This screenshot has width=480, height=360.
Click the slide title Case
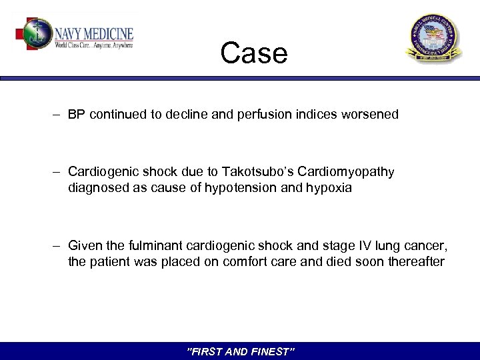pos(254,53)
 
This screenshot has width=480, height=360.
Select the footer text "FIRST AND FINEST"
pos(240,351)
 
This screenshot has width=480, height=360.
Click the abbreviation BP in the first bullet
pos(75,115)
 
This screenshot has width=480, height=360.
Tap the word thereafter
pos(414,262)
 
